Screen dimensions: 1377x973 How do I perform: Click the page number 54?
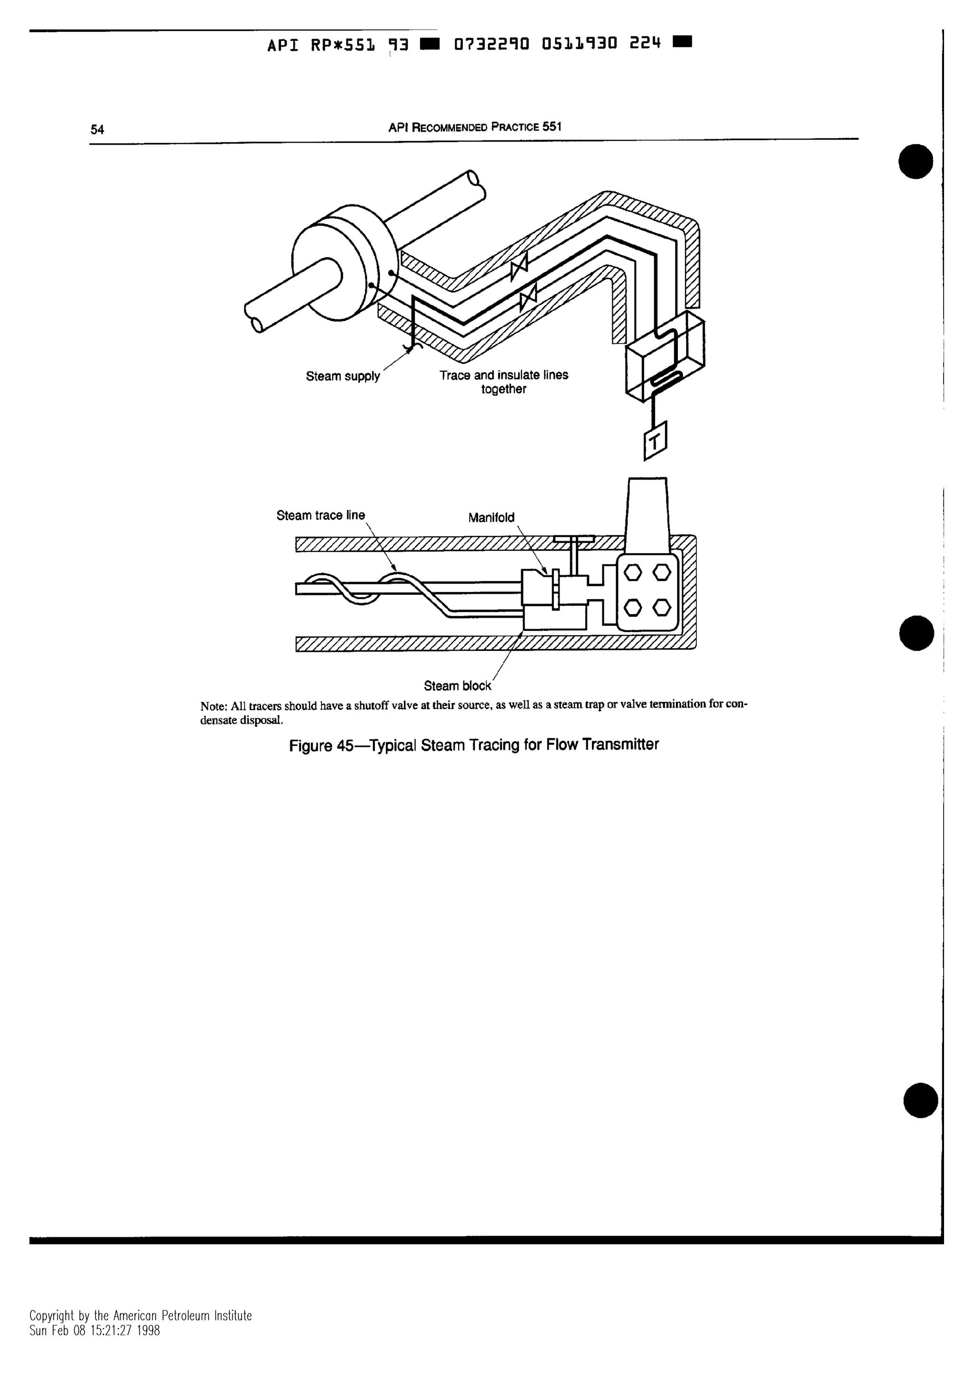tap(97, 130)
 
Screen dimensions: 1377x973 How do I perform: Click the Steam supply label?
tap(343, 377)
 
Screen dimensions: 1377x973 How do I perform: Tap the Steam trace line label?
tap(320, 516)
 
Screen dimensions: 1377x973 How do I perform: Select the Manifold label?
tap(491, 517)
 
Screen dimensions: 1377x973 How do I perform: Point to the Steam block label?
tap(457, 686)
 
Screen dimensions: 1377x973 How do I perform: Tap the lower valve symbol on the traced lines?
tap(528, 296)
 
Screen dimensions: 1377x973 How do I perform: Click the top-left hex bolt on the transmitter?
tap(632, 572)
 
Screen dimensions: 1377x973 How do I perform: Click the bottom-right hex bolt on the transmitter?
tap(661, 608)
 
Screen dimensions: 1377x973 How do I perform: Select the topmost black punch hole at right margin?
tap(916, 162)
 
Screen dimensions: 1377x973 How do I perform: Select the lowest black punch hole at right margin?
tap(920, 1100)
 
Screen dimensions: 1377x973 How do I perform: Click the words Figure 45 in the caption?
tap(321, 746)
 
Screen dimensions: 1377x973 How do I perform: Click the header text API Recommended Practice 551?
tap(474, 127)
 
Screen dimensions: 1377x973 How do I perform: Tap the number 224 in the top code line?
tap(645, 43)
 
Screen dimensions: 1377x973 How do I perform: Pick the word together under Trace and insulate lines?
tap(504, 389)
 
